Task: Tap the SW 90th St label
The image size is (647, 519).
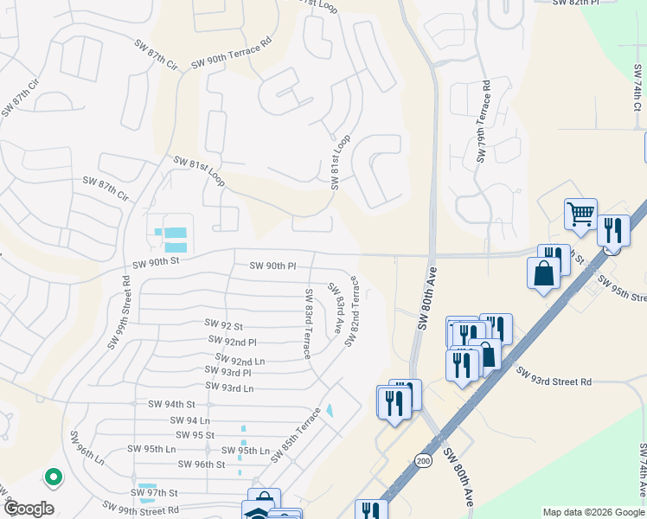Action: point(156,260)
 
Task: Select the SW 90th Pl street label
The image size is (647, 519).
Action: point(272,266)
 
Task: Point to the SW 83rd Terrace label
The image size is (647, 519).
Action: point(307,324)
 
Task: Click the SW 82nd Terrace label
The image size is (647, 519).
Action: point(353,311)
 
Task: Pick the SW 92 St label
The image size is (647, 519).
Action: point(224,324)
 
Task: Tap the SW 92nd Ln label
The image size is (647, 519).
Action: point(240,360)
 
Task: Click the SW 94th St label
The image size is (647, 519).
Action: point(171,404)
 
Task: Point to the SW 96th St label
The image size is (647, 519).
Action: point(201,465)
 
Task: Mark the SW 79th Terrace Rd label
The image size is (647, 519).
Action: point(483,121)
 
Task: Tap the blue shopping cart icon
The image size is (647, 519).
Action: point(580,214)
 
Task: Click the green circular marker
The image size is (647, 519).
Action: point(53,476)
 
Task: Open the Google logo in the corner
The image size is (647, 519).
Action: point(28,509)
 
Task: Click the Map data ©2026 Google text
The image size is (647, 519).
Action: point(593,512)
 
